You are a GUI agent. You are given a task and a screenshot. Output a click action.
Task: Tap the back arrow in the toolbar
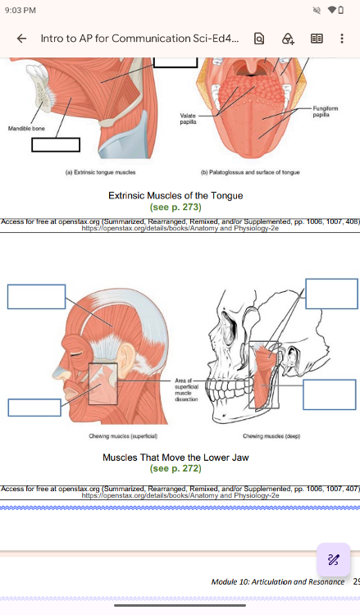22,38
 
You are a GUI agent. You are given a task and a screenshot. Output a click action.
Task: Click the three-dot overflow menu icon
342,38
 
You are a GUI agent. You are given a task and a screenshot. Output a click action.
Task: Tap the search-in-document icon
259,38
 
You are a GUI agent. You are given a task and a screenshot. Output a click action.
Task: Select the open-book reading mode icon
317,38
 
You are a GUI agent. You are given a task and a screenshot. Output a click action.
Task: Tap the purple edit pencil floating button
333,560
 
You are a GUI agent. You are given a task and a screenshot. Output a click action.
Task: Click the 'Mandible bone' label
27,128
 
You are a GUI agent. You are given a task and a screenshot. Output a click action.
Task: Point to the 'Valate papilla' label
188,118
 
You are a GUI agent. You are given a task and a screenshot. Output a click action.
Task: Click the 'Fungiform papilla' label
325,112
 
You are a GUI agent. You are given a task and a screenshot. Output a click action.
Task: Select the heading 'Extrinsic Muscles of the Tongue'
175,195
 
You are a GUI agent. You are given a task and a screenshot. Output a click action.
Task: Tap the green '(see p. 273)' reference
175,207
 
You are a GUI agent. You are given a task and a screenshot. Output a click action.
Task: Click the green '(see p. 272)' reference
175,468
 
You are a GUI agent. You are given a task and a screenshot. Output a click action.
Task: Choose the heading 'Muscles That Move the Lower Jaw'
175,458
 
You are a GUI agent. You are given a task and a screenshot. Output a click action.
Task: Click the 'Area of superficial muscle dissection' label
186,389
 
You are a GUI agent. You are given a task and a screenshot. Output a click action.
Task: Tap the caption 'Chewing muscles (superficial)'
123,435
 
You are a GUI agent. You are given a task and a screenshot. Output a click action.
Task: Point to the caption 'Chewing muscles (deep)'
271,435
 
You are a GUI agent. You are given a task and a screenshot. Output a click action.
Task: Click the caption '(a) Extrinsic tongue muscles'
100,172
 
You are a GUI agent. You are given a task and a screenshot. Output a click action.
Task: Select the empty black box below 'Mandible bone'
56,144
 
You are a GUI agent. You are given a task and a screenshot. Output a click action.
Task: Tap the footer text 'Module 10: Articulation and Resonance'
278,581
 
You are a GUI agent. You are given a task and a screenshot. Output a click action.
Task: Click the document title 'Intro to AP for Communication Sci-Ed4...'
139,39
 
